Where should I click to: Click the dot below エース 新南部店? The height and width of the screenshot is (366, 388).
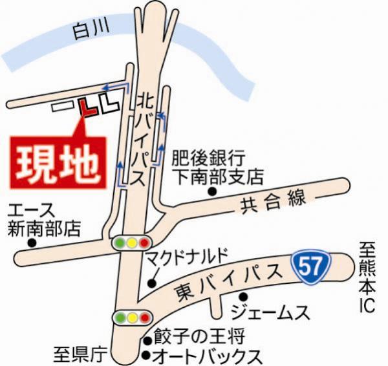(31, 243)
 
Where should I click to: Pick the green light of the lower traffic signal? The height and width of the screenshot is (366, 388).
(120, 318)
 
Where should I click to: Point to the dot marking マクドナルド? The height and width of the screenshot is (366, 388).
(151, 283)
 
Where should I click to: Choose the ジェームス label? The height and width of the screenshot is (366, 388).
(271, 313)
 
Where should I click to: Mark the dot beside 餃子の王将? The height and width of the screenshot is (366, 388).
(147, 338)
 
